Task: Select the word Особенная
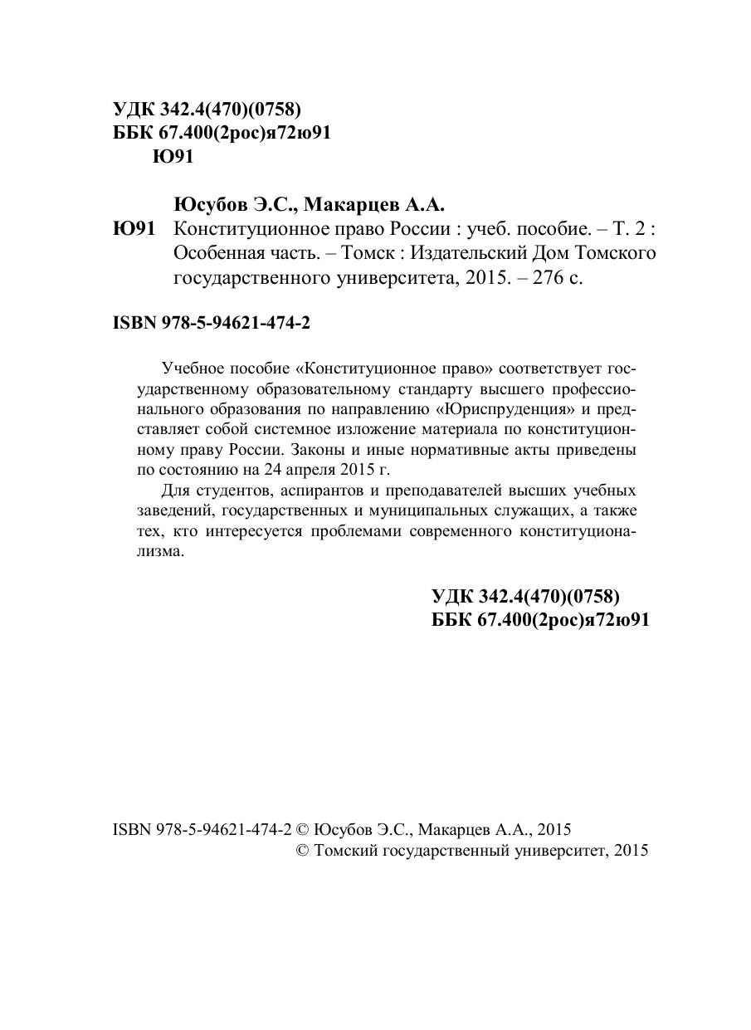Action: (x=214, y=252)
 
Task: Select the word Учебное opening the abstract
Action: (x=191, y=369)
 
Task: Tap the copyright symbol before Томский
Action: (x=303, y=850)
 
